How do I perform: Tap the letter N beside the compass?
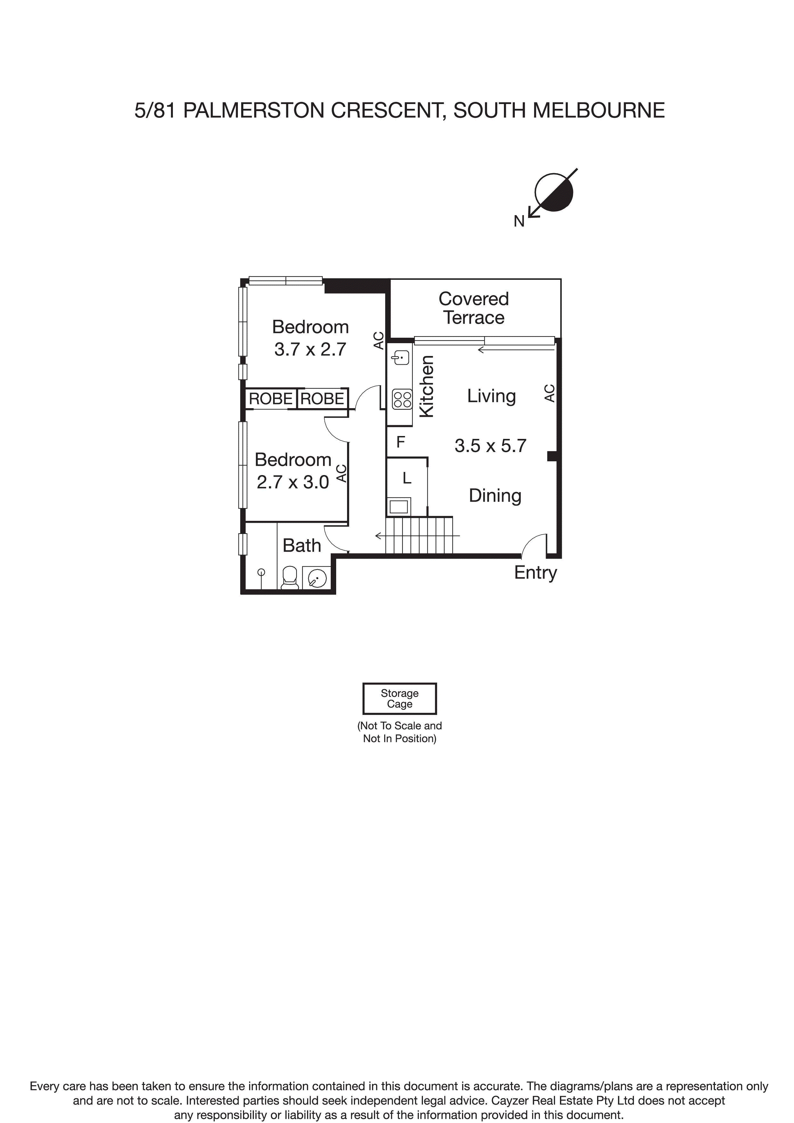519,222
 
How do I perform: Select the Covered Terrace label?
474,308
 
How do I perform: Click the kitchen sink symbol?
401,358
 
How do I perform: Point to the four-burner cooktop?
402,399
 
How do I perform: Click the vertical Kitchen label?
426,386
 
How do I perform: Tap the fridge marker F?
401,442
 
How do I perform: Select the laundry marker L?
407,478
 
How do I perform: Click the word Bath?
302,545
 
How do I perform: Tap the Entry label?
535,572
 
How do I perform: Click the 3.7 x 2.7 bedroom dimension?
310,349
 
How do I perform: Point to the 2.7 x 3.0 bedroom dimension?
293,482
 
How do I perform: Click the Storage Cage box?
399,699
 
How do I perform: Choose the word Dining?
495,496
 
